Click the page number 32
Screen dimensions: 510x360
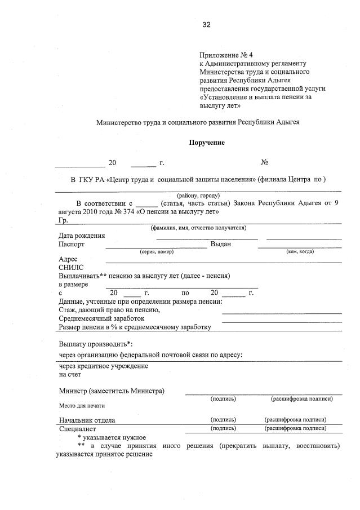[x=206, y=24]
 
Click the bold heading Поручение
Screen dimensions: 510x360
[x=207, y=143]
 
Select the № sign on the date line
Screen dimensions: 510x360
[x=264, y=163]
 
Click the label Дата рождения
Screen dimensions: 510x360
[x=81, y=236]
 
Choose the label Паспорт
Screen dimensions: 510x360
[x=72, y=244]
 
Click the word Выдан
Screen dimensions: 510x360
[x=221, y=244]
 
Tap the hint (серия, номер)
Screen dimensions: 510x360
[x=157, y=251]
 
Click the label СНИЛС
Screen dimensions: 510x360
[x=71, y=268]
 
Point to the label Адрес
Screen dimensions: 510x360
[x=68, y=259]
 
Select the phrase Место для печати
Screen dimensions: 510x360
[x=82, y=405]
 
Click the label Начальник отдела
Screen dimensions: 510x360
[x=87, y=420]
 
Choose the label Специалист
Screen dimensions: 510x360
[x=77, y=428]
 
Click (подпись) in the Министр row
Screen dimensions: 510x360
[x=223, y=398]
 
